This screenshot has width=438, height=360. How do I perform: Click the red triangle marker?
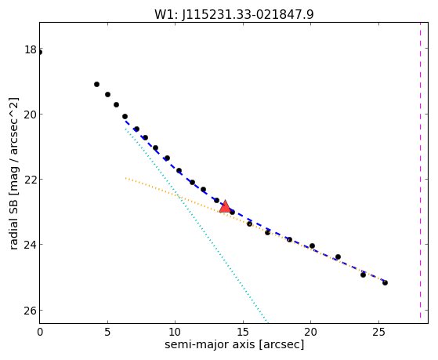225,206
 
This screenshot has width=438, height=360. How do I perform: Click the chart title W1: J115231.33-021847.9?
234,14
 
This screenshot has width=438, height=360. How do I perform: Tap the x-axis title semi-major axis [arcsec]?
234,344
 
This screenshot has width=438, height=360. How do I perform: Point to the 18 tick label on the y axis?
31,49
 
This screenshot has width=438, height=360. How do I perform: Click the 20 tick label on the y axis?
31,115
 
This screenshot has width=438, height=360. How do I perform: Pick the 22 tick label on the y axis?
31,180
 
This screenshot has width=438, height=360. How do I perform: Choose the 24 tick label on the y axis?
31,245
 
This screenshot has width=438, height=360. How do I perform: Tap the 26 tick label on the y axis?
31,311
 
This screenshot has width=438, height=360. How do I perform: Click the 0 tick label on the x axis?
40,332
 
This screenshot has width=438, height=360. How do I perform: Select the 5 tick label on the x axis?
108,332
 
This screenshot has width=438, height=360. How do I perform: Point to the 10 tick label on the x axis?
176,332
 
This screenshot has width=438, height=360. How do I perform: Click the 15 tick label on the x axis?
243,332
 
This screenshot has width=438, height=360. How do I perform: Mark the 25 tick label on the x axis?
378,332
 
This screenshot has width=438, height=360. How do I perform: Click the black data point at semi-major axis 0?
40,53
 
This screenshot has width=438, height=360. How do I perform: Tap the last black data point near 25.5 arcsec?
385,283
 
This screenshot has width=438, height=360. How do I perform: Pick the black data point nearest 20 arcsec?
312,245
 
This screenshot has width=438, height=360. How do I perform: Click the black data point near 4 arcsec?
96,84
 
